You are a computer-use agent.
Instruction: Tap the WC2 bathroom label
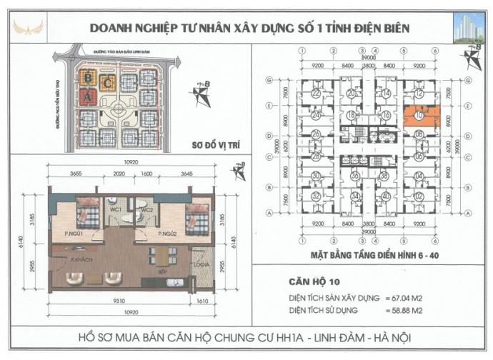point(148,211)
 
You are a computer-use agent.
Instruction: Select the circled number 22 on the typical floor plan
point(314,94)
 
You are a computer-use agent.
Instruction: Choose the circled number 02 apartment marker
point(419,196)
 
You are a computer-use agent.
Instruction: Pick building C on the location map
point(108,83)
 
